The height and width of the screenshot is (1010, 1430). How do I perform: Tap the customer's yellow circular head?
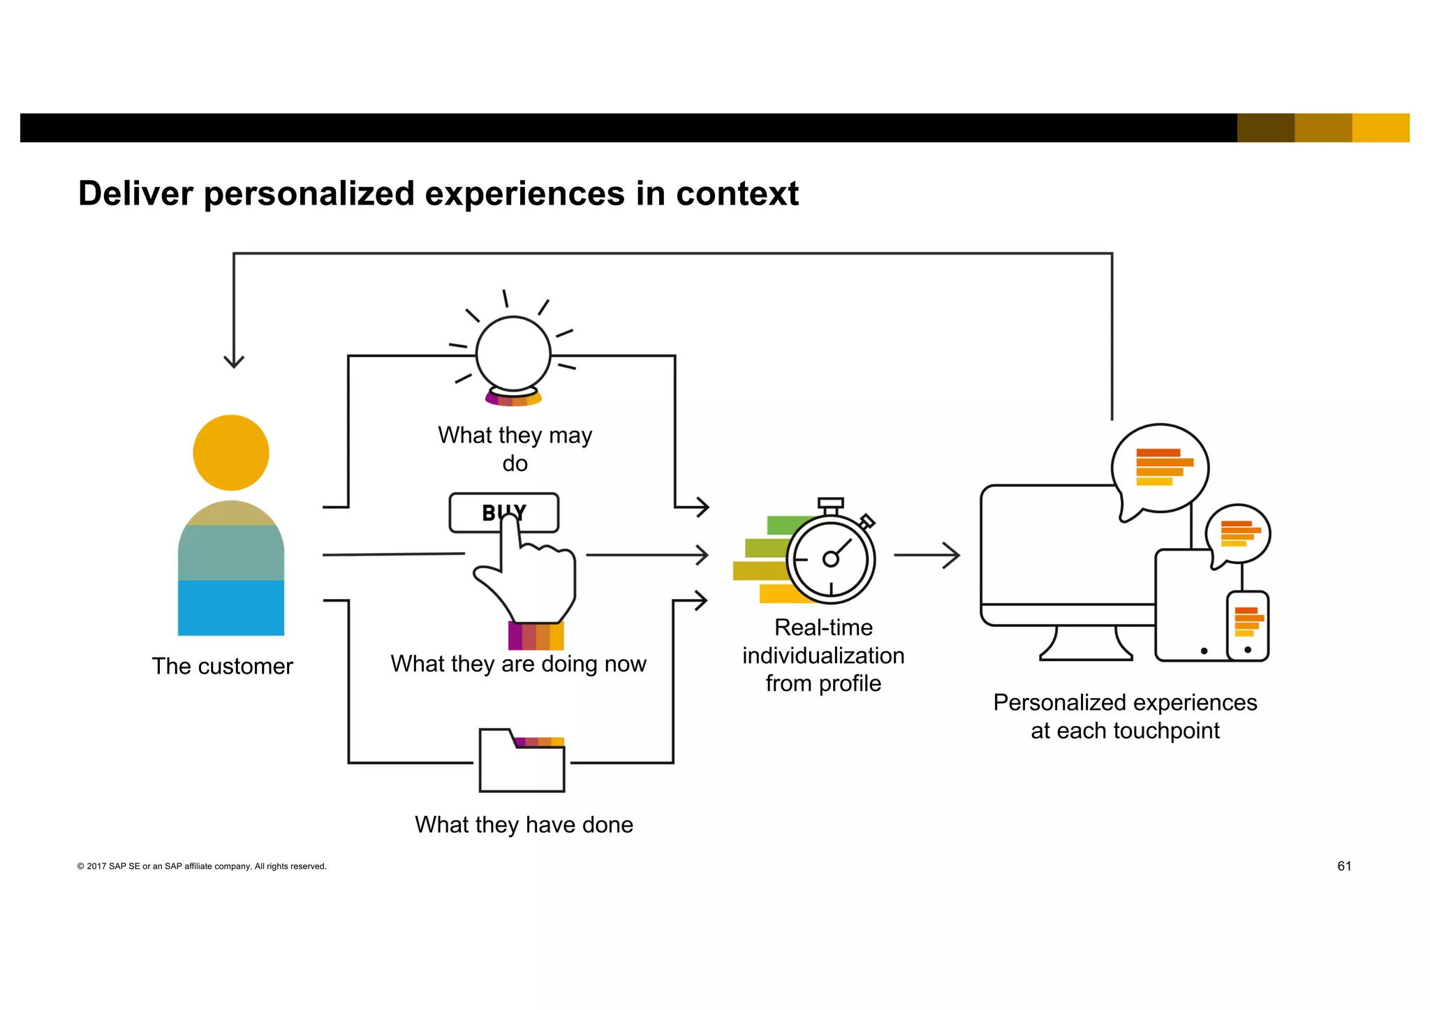[x=230, y=453]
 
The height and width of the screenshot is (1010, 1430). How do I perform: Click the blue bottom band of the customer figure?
[x=230, y=607]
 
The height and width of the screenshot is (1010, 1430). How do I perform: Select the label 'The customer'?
[x=222, y=666]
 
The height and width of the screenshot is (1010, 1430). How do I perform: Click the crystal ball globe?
[x=513, y=353]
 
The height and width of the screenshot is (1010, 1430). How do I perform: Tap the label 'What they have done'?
[x=524, y=824]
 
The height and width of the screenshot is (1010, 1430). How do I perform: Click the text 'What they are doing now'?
[x=518, y=663]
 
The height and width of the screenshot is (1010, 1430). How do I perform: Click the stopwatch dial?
[x=831, y=558]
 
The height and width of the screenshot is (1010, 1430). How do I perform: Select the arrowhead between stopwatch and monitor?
[x=952, y=555]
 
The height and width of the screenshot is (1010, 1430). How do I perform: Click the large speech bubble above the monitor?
[x=1161, y=468]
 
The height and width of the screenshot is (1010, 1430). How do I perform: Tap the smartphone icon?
[x=1248, y=626]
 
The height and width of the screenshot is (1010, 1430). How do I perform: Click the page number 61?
[x=1344, y=866]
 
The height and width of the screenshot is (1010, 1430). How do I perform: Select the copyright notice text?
[x=202, y=866]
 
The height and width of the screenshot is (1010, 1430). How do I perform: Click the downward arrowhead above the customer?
[x=233, y=362]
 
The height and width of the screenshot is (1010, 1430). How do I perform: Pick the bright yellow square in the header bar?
[x=1380, y=128]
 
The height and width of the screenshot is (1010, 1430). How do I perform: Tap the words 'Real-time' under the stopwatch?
[x=823, y=627]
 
